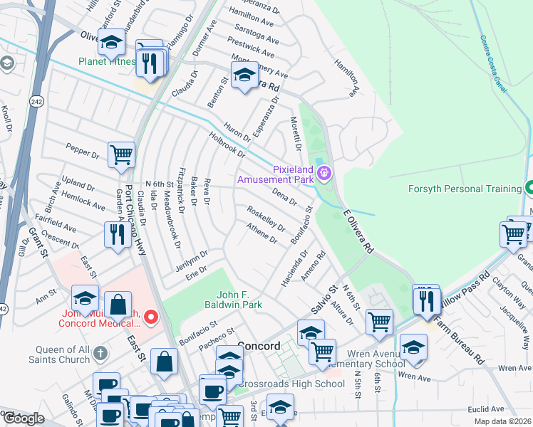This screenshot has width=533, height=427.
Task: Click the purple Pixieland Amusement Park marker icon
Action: click(325, 173)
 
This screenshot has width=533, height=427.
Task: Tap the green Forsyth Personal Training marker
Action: click(529, 189)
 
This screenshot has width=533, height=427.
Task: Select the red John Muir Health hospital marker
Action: click(150, 317)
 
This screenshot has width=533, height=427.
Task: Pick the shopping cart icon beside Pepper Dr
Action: click(122, 154)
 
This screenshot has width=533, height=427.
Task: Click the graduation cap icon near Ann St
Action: click(85, 297)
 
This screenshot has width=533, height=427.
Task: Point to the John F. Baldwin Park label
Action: click(239, 299)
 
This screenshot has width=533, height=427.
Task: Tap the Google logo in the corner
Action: click(24, 418)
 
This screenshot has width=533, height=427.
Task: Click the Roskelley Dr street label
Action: click(266, 218)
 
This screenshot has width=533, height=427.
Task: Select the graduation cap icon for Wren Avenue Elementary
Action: click(413, 347)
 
